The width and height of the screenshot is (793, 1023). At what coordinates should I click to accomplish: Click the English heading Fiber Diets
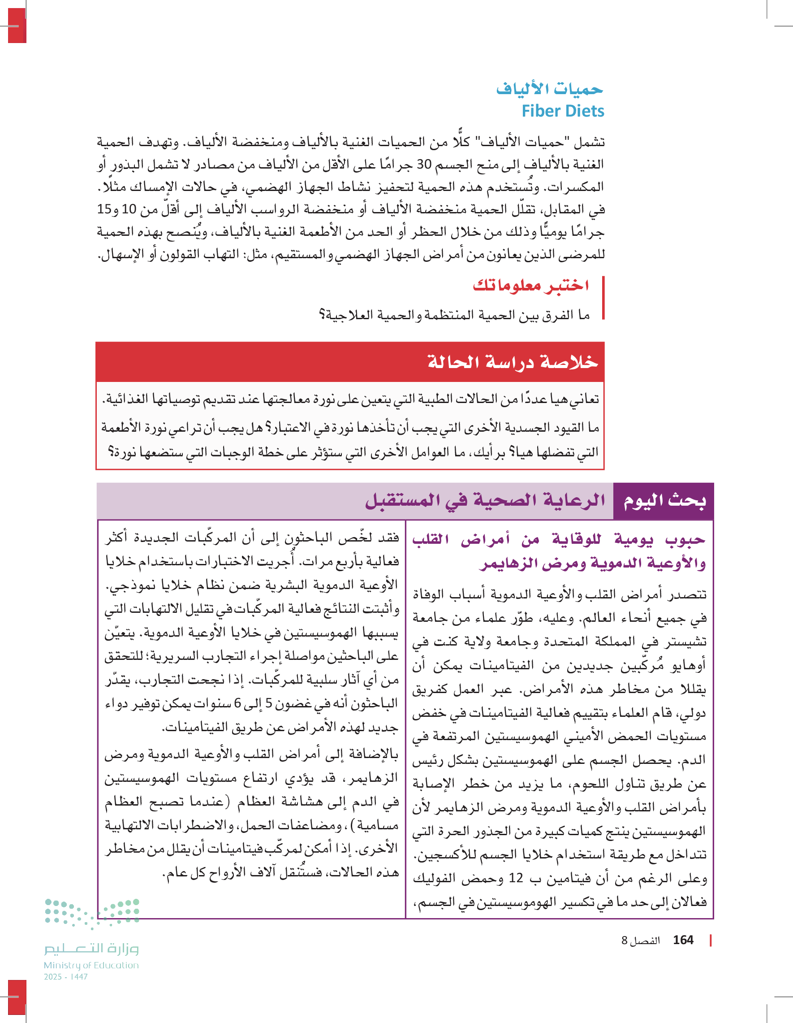[x=563, y=111]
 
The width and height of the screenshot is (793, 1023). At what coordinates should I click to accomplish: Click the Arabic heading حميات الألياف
[x=550, y=88]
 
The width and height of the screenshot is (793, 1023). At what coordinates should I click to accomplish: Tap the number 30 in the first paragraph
[x=424, y=165]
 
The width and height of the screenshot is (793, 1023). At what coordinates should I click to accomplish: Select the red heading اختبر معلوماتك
[x=530, y=285]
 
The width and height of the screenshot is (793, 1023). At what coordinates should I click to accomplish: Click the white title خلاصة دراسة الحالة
[x=513, y=362]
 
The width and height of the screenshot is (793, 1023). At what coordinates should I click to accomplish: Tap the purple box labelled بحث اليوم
[x=664, y=501]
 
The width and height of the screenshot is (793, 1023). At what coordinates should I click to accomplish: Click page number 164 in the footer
[x=682, y=940]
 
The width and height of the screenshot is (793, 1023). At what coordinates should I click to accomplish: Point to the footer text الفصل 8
[x=640, y=941]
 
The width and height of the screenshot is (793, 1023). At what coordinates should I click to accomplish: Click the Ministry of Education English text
[x=91, y=965]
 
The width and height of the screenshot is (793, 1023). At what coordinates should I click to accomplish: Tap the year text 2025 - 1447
[x=65, y=977]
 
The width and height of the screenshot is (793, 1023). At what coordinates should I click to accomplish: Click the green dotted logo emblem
[x=92, y=912]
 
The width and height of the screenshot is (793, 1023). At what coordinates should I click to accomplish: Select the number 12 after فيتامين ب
[x=515, y=878]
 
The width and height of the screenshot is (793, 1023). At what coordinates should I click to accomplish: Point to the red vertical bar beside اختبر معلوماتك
[x=603, y=298]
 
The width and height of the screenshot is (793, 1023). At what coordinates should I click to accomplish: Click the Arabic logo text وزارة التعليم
[x=91, y=949]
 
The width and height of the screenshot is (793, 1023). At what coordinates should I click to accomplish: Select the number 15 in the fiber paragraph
[x=104, y=209]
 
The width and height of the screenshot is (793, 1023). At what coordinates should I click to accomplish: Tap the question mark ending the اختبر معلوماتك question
[x=322, y=315]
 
